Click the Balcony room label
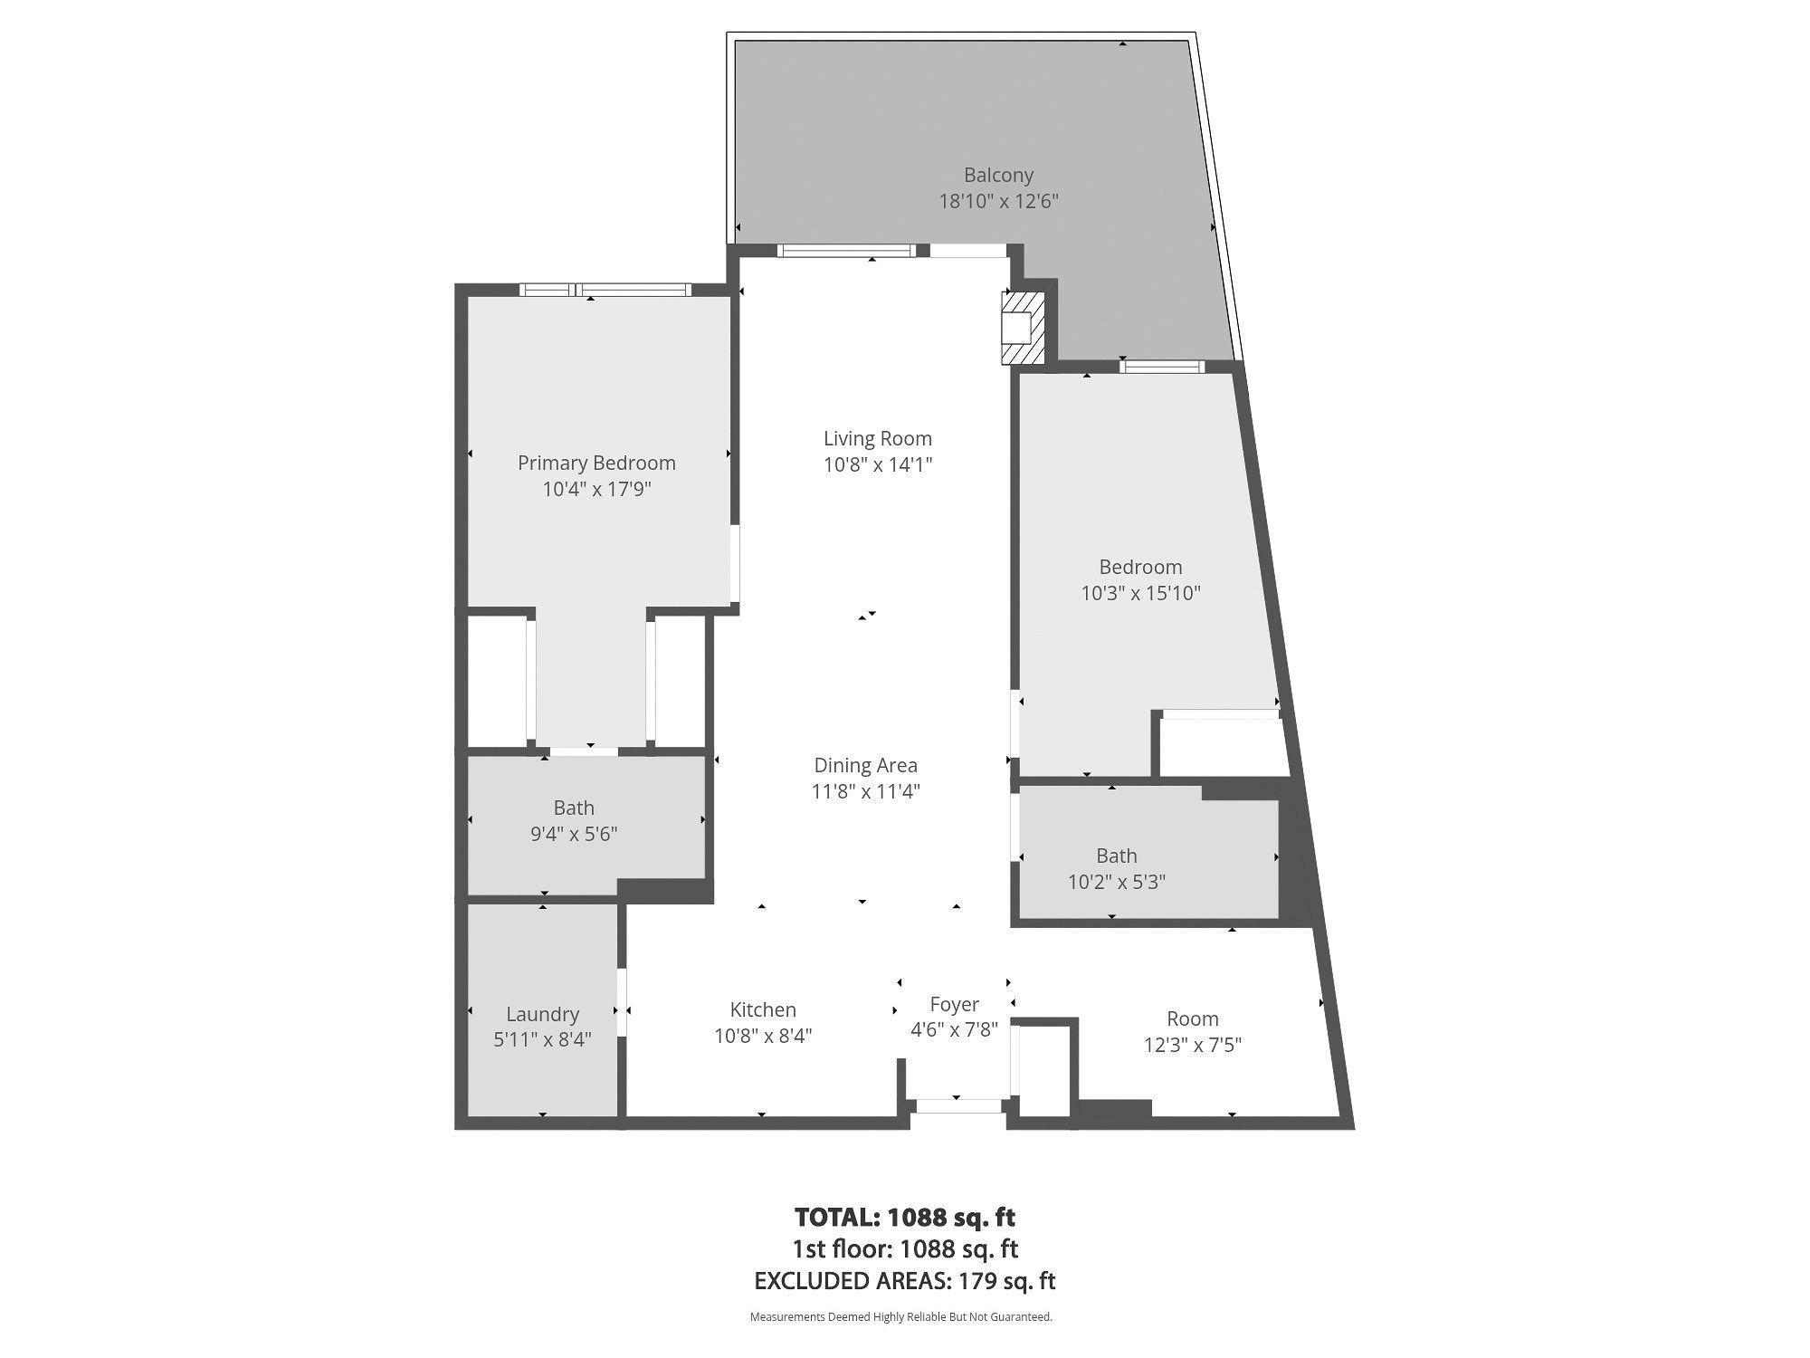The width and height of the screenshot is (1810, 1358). coord(998,176)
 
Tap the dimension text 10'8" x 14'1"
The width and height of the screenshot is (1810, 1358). coord(877,465)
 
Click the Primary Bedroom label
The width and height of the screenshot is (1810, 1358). coord(596,463)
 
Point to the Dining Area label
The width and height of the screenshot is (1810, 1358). coord(865,766)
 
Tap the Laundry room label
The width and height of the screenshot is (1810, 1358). coord(542,1014)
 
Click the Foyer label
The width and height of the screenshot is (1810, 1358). coord(954,1004)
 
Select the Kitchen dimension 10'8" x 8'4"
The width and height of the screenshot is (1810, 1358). coord(763,1036)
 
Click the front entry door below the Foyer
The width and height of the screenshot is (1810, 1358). coord(957,1105)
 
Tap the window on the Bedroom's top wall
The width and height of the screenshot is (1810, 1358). coord(1162,367)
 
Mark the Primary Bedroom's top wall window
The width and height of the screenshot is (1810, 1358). coord(605,290)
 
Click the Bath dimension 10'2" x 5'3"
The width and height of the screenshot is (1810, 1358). coord(1116,882)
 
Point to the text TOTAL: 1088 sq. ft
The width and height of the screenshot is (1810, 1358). coord(904,1217)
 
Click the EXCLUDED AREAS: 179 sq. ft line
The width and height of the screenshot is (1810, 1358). coord(904,1281)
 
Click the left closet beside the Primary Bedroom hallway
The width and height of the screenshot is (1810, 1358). coord(496,681)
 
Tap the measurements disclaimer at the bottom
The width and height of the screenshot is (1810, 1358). coord(900,1317)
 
